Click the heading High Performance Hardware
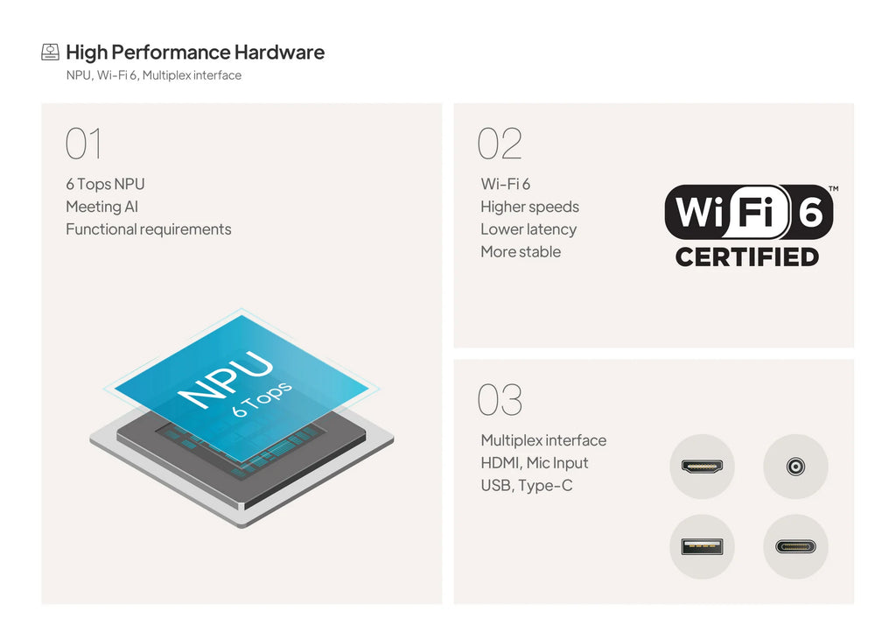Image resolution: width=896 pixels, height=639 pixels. pos(195,53)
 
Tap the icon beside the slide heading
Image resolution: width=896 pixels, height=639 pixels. pos(50,52)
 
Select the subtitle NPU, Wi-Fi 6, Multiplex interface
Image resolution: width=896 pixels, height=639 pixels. pos(154,75)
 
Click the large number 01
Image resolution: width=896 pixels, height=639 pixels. pos(84,144)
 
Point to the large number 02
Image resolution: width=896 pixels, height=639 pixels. pos(500,144)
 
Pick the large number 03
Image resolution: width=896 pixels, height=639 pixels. pos(500,399)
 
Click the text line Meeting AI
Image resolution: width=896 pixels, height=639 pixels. pos(102,207)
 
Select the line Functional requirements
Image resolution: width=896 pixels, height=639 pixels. pos(149,229)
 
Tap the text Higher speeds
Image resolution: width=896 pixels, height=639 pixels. pos(529,207)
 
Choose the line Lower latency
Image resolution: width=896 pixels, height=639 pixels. pos(528,229)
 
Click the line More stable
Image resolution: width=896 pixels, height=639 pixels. pos(521,251)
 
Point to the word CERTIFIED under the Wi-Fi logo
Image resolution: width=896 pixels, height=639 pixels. pos(747,257)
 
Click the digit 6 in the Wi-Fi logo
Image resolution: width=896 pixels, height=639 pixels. pos(811,212)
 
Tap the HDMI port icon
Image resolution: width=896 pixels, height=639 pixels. pos(703,467)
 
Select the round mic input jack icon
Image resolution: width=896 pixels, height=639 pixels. pos(795,467)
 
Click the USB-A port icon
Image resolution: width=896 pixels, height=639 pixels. pos(703,546)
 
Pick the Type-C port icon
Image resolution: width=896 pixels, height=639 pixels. pos(795,547)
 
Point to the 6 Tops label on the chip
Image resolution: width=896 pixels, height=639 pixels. pos(262,399)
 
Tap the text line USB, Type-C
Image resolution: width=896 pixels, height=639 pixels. pos(526,485)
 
